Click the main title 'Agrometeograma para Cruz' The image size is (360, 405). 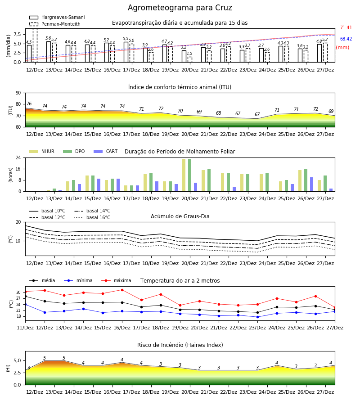pos(180,8)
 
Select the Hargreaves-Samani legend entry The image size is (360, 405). pos(57,17)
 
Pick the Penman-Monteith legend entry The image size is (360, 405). pos(55,24)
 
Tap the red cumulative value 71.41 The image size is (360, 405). pos(346,27)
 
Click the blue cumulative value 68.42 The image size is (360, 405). pos(346,39)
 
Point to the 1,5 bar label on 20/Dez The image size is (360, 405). pos(189,54)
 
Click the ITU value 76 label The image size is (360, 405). pos(29,103)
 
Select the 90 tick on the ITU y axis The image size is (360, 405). pos(18,93)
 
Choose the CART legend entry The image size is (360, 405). pos(106,151)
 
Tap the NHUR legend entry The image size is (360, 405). pos(42,151)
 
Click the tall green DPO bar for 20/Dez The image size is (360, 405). pos(190,175)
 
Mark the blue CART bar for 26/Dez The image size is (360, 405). pos(312,184)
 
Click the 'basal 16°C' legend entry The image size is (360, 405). pos(92,217)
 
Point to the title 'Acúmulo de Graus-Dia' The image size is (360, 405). pos(180,216)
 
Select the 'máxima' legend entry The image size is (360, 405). pos(117,280)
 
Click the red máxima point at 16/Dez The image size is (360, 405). pos(122,290)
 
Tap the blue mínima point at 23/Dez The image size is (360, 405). pos(257,317)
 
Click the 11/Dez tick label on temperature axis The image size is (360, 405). pos(25,328)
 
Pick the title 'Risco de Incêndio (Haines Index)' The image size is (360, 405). pos(180,345)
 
